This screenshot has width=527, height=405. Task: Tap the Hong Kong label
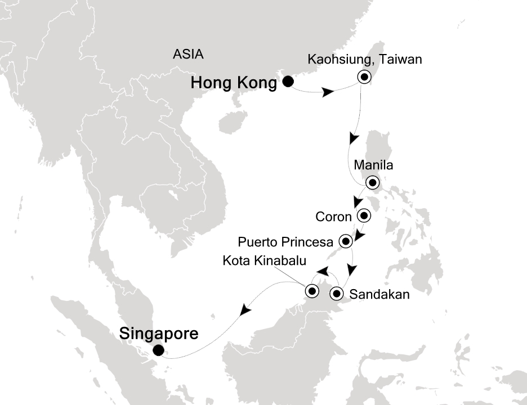pyautogui.click(x=234, y=83)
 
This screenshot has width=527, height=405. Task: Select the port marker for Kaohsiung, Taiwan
pyautogui.click(x=364, y=78)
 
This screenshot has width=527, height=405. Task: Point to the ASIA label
pyautogui.click(x=188, y=55)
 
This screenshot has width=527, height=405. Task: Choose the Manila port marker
pyautogui.click(x=372, y=182)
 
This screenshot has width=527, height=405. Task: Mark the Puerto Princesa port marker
pyautogui.click(x=345, y=241)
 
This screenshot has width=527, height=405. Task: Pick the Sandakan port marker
pyautogui.click(x=336, y=293)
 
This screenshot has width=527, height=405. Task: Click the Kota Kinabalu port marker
pyautogui.click(x=311, y=291)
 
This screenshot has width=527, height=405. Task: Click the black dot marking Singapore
pyautogui.click(x=158, y=350)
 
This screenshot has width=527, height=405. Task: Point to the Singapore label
pyautogui.click(x=159, y=334)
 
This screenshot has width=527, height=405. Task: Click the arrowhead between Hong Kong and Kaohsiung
pyautogui.click(x=327, y=93)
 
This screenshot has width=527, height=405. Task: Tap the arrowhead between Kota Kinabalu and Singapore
pyautogui.click(x=244, y=309)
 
